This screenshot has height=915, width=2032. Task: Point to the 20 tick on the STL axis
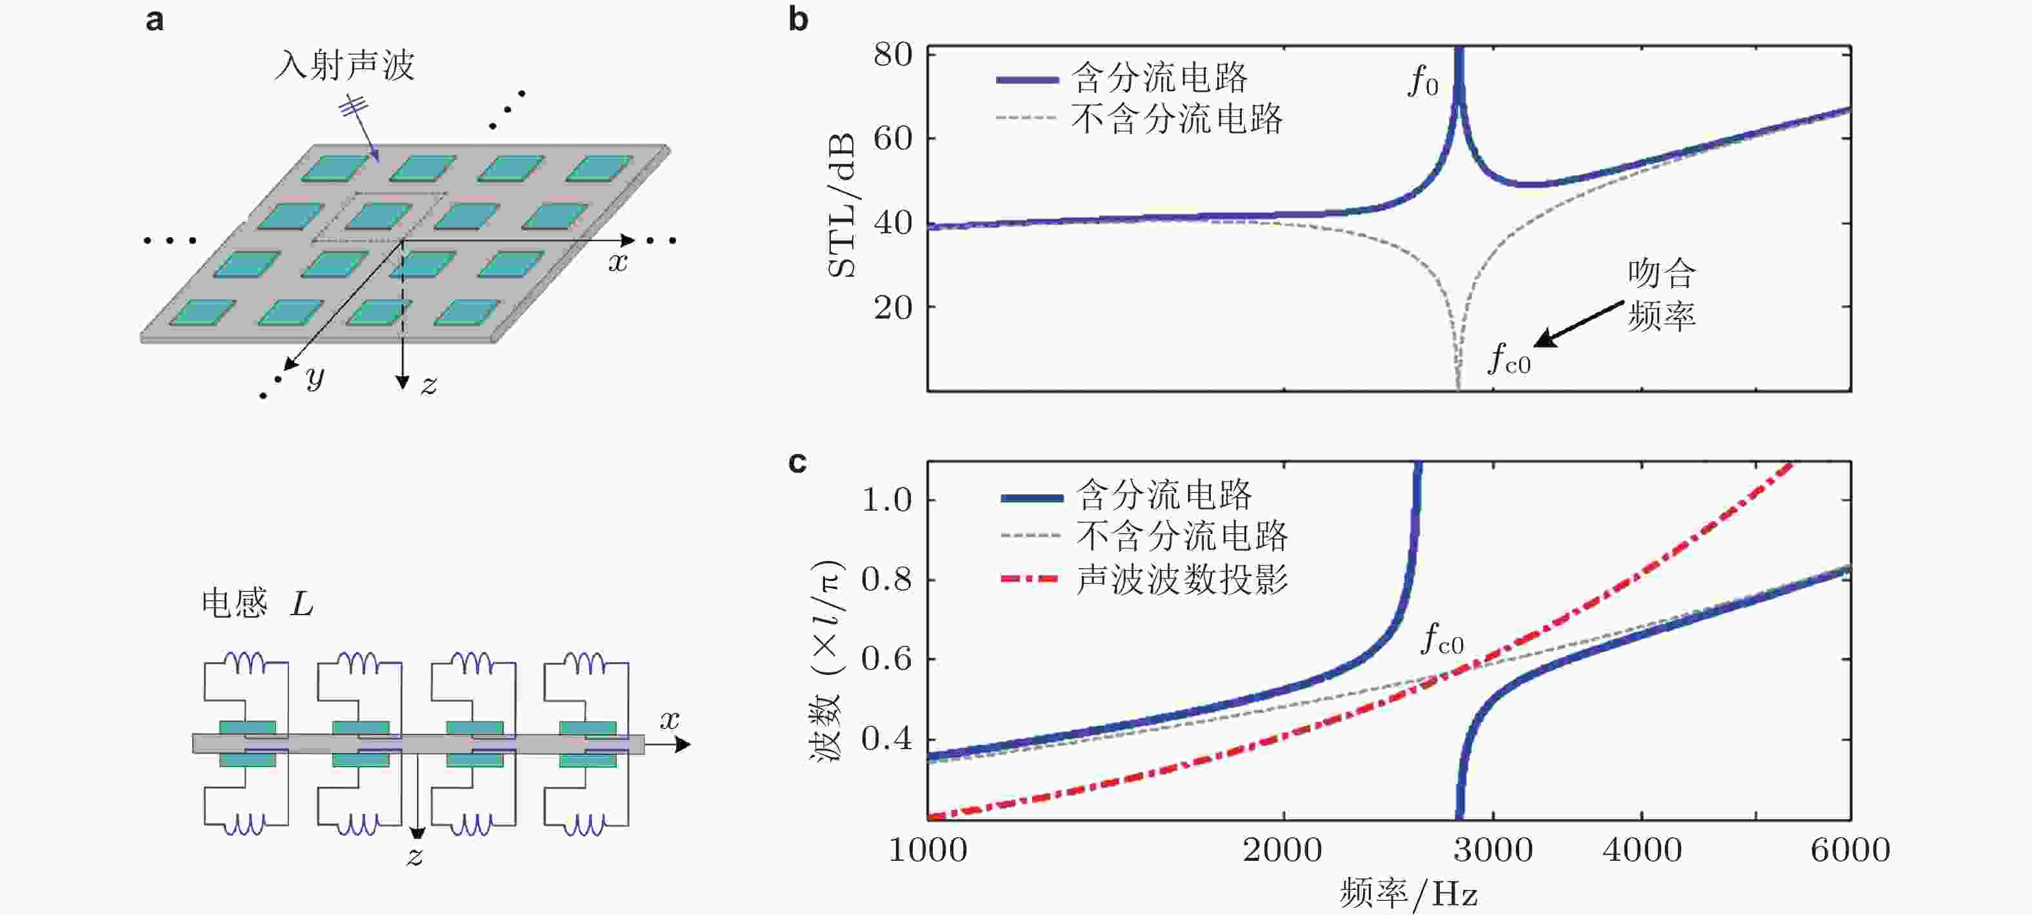(x=893, y=307)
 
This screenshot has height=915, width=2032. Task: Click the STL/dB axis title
(x=842, y=205)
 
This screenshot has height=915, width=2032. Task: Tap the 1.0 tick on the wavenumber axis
(x=886, y=499)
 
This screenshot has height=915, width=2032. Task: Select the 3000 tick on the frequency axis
(x=1493, y=849)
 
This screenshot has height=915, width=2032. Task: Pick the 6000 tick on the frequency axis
(x=1850, y=849)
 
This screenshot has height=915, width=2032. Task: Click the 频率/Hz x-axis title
(x=1408, y=894)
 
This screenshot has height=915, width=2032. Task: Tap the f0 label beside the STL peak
(x=1423, y=81)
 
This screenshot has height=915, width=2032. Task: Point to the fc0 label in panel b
(x=1508, y=359)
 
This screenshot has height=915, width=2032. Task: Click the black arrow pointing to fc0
(x=1578, y=324)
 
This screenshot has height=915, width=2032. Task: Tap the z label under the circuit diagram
(x=415, y=856)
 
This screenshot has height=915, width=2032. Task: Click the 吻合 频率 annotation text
(x=1661, y=294)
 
